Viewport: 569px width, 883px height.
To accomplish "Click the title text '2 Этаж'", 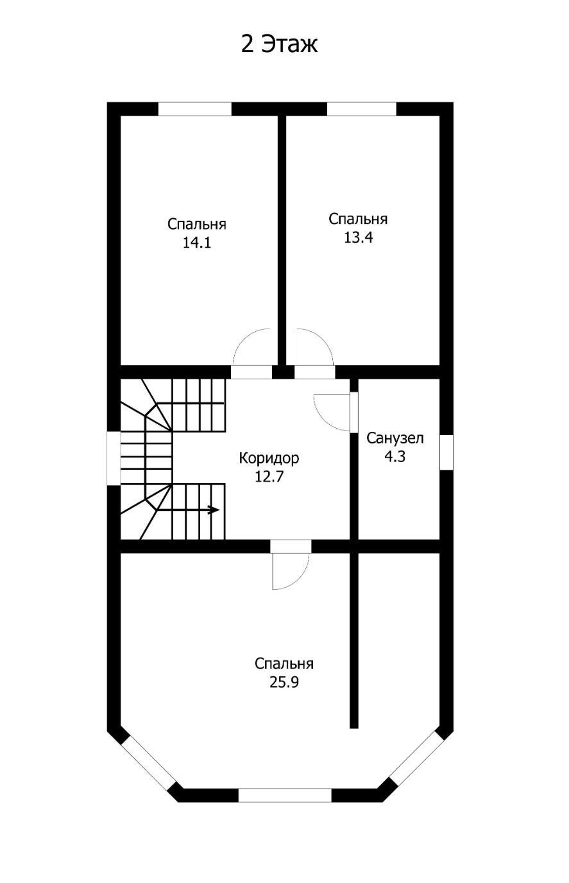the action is point(279,44).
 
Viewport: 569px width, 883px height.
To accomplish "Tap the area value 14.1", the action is point(197,243).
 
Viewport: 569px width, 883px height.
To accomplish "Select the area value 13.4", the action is point(358,237).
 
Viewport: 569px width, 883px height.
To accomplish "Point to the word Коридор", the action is point(269,458).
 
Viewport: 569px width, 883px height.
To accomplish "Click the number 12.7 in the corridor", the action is point(269,477).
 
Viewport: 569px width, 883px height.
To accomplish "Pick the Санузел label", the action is point(395,438).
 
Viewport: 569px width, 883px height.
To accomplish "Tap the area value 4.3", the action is point(395,456).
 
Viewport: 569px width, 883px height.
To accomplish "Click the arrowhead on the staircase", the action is point(214,510).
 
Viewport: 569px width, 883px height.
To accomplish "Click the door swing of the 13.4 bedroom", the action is point(323,338).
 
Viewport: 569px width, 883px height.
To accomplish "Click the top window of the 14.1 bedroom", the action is point(194,109).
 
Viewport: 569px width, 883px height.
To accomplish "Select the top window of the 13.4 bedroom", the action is point(362,109).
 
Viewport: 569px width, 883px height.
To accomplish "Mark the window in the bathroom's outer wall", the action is point(446,452).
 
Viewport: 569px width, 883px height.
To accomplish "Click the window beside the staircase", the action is point(114,459).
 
